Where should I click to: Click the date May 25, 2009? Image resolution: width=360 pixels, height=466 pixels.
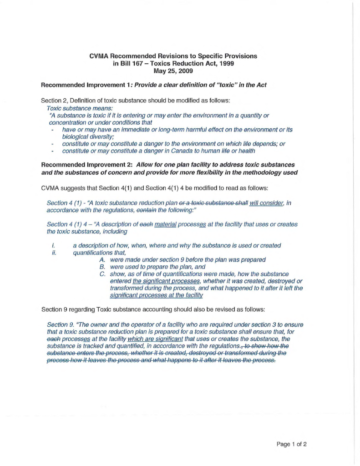coord(173,71)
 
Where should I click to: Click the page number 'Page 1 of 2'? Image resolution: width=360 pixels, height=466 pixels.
coord(291,444)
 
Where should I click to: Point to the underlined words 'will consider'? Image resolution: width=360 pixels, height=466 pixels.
coord(264,203)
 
